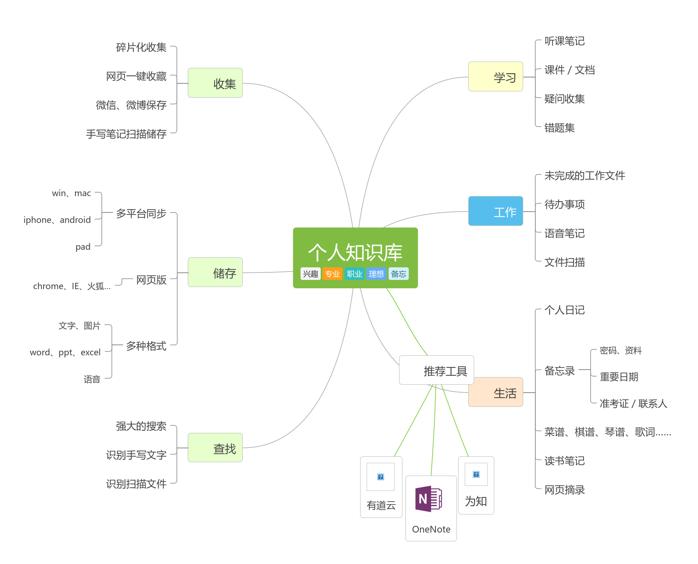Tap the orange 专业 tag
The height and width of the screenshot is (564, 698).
(332, 274)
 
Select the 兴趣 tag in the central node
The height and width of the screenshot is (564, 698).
(311, 274)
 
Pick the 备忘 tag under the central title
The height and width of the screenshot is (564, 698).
(398, 274)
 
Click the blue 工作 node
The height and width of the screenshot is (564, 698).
(496, 211)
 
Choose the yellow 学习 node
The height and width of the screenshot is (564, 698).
(496, 77)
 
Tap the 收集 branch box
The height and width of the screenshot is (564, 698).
(215, 83)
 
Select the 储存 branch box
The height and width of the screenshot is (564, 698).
(215, 272)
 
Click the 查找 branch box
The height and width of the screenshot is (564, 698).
(215, 448)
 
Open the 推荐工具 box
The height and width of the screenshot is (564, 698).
(436, 370)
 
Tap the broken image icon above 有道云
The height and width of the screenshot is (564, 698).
(381, 477)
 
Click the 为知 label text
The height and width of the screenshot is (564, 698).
(476, 501)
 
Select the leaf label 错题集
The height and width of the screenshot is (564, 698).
(559, 128)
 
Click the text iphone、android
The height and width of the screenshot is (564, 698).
(57, 220)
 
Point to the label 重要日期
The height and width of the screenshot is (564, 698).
(619, 377)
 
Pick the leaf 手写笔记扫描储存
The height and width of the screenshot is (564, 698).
(126, 134)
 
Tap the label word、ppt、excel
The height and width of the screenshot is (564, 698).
(65, 352)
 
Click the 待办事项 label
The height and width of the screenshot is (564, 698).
(564, 204)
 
